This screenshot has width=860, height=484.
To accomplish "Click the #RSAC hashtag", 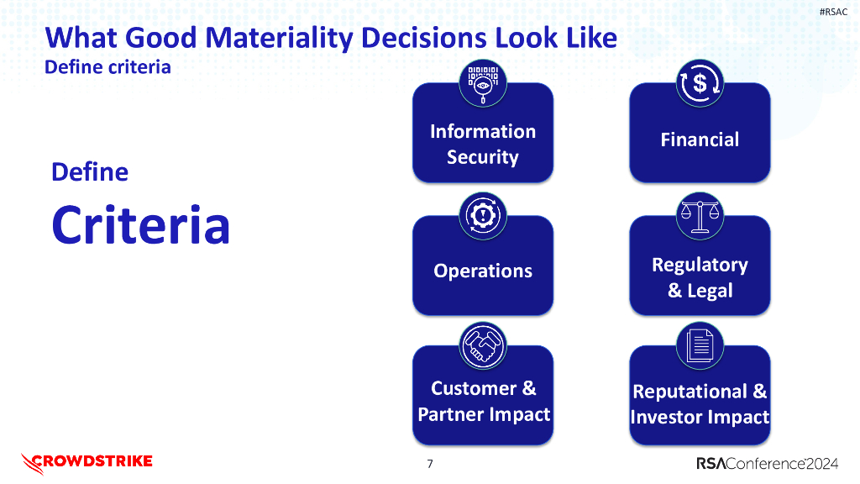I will pyautogui.click(x=831, y=11).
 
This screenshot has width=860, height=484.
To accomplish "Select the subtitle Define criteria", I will pyautogui.click(x=107, y=67).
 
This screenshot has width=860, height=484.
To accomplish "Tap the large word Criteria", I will pyautogui.click(x=140, y=224).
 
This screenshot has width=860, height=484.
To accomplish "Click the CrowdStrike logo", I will pyautogui.click(x=87, y=461).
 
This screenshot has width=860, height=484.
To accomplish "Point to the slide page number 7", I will pyautogui.click(x=430, y=464).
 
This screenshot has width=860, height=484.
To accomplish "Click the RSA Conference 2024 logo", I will pyautogui.click(x=767, y=464).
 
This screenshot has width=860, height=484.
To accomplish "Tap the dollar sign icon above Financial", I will pyautogui.click(x=700, y=84).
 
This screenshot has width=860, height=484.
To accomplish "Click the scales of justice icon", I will pyautogui.click(x=700, y=215).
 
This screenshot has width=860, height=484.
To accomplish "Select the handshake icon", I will pyautogui.click(x=482, y=346).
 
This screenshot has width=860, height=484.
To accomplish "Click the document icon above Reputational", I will pyautogui.click(x=700, y=345).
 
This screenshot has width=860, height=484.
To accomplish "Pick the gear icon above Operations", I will pyautogui.click(x=482, y=216).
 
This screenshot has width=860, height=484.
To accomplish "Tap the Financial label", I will pyautogui.click(x=700, y=139).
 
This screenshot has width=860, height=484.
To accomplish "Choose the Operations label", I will pyautogui.click(x=482, y=271).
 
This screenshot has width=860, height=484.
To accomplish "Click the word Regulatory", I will pyautogui.click(x=700, y=265).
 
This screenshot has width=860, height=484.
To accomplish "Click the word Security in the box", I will pyautogui.click(x=482, y=157).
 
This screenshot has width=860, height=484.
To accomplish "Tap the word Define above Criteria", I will pyautogui.click(x=90, y=172).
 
